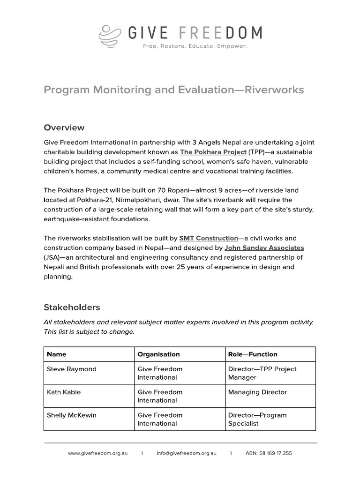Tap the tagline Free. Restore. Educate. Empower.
[195, 46]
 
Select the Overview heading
[64, 127]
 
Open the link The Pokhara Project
[213, 152]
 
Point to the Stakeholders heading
[72, 307]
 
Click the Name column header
[57, 354]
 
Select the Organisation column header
[158, 354]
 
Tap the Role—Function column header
[253, 354]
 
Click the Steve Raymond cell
[72, 369]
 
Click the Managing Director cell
[257, 392]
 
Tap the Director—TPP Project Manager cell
[262, 373]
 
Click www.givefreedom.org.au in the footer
[97, 453]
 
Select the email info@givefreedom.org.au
[187, 453]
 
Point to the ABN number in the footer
[269, 453]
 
